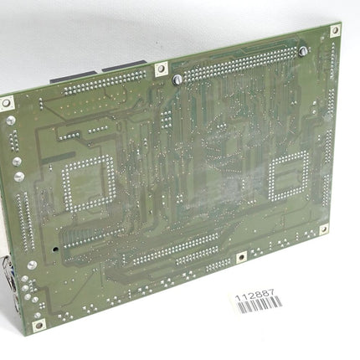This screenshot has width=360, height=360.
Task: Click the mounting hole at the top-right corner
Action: click(335, 30)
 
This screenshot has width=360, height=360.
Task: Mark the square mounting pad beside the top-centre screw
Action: click(162, 70)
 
